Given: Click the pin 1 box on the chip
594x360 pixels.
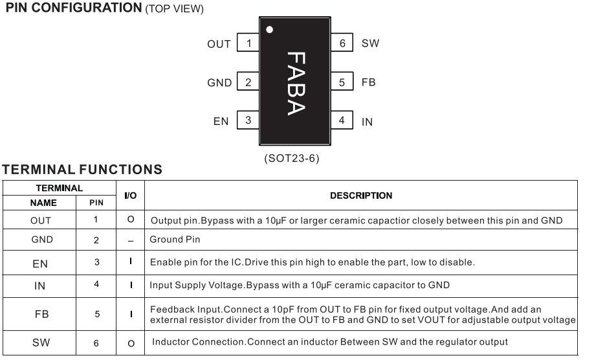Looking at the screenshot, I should tap(248, 43).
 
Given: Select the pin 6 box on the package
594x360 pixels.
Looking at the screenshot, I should tap(342, 43).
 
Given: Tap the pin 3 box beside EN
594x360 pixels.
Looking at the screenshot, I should tap(248, 121).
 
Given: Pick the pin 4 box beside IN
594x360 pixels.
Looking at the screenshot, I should tap(342, 121).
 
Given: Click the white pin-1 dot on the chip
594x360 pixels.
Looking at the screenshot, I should tap(270, 29).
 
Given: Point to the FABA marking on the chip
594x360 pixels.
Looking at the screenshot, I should tap(295, 84).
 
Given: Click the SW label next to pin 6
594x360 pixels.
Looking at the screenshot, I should tap(370, 43).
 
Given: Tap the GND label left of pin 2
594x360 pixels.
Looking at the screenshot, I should tap(219, 83).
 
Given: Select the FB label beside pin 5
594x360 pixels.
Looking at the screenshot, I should tap(368, 83).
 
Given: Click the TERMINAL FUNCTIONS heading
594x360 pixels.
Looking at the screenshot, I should tap(82, 170).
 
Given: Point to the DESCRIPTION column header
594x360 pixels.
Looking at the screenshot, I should tap(360, 196).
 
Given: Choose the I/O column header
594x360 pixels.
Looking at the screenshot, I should tap(130, 196).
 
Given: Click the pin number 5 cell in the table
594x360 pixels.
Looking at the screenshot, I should tap(96, 314).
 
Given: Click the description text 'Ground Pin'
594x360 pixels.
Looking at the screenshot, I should tap(175, 240).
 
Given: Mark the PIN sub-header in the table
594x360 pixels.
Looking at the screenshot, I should tap(96, 203).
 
